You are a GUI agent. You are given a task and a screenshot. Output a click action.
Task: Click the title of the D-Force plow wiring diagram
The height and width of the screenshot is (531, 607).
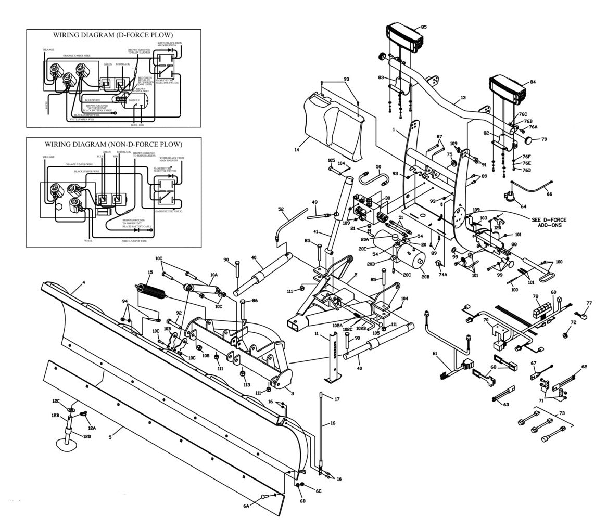113,35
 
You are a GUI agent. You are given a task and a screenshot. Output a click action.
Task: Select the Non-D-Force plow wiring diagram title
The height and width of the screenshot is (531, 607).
113,144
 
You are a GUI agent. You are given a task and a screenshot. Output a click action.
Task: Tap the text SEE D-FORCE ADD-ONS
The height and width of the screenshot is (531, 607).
549,222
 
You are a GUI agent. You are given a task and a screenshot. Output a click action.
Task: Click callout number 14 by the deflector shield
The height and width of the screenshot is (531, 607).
296,150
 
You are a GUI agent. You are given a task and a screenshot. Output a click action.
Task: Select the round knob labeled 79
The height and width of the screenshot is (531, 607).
529,140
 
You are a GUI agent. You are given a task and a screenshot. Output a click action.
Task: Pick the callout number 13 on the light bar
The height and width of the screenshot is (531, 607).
463,98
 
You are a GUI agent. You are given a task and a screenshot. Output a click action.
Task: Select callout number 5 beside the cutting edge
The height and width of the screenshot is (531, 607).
110,437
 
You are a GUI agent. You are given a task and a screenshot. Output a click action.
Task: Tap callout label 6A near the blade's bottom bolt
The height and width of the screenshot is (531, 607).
246,505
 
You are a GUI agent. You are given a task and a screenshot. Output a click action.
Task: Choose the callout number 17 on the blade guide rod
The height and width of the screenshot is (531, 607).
337,399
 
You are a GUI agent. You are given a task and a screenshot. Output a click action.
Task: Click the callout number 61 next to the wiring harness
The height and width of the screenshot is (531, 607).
435,354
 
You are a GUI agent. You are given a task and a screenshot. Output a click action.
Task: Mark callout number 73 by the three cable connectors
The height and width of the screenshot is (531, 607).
561,412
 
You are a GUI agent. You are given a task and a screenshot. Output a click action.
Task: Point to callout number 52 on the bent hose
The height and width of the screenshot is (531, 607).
281,210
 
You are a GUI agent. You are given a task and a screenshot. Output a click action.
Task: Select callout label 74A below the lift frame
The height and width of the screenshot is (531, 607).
443,274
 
